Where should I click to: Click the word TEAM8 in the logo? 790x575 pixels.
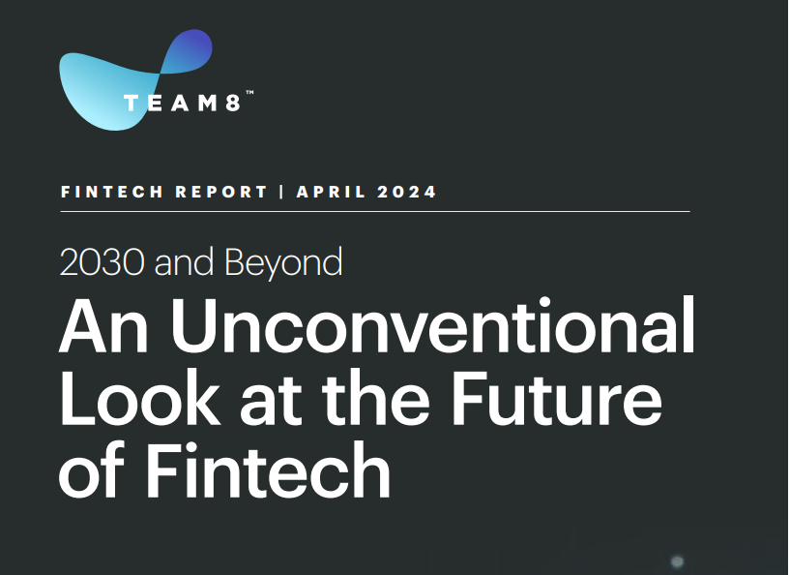tap(182, 104)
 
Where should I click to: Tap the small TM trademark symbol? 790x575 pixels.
tap(249, 92)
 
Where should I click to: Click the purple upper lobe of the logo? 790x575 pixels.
tap(188, 51)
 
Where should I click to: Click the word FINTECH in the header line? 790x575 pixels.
tap(112, 193)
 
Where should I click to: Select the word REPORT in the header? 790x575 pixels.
tap(221, 193)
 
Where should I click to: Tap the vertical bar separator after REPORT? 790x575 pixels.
tap(281, 193)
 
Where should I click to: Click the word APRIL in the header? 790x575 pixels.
tap(331, 193)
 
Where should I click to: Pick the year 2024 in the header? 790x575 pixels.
tap(406, 193)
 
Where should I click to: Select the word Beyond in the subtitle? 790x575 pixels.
tap(283, 262)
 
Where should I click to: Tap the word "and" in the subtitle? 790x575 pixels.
tap(184, 261)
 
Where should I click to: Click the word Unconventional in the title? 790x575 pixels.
tap(433, 326)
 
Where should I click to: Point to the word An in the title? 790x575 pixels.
tap(103, 327)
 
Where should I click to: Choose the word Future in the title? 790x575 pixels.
tap(556, 398)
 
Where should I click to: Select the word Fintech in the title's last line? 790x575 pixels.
tap(268, 469)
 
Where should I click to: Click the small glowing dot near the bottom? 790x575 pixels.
tap(677, 560)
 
